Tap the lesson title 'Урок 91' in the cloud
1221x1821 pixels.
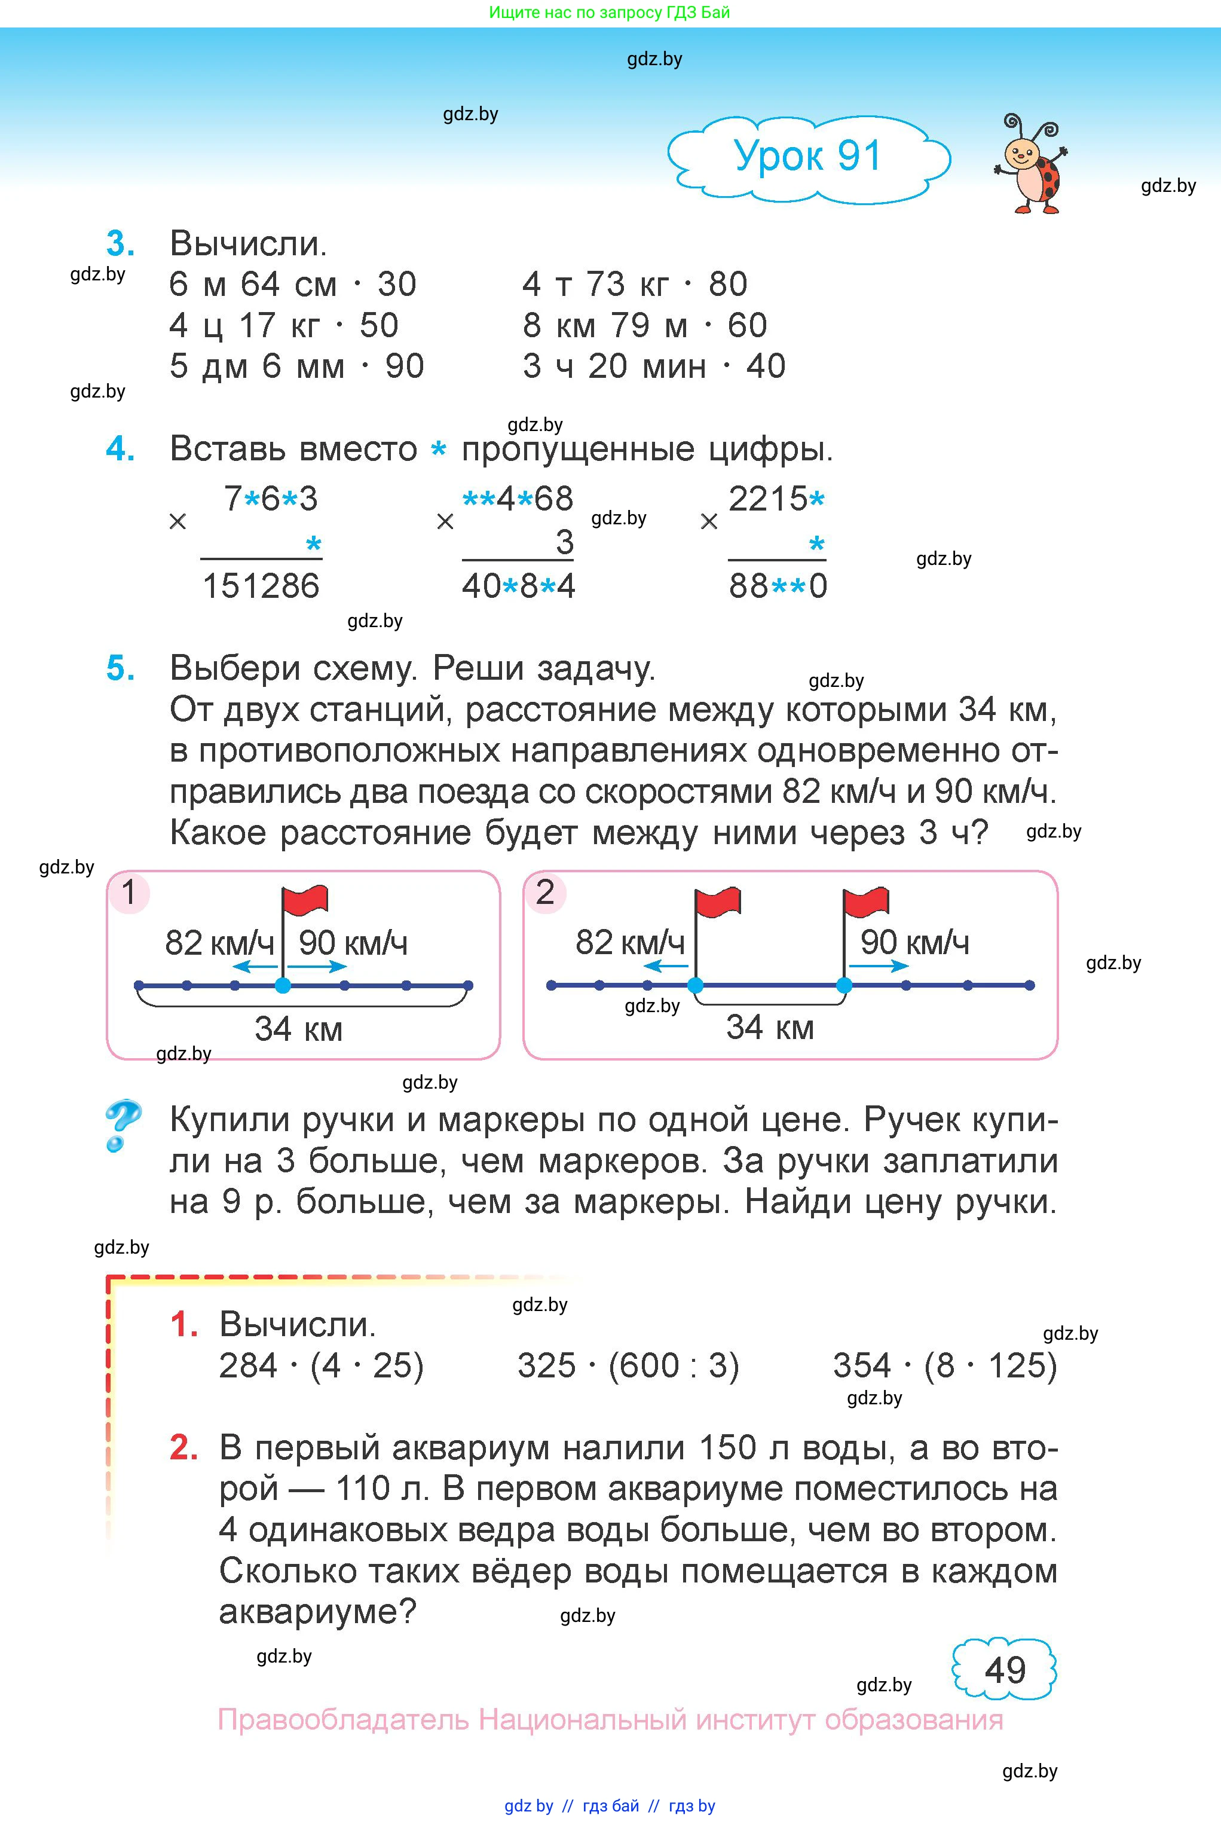(807, 156)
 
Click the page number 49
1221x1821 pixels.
(1005, 1671)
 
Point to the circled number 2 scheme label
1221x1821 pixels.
(544, 893)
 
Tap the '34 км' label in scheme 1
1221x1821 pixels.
(298, 1029)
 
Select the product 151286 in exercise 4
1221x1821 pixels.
(261, 586)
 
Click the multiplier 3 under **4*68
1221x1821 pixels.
(565, 542)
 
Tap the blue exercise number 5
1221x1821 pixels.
(120, 668)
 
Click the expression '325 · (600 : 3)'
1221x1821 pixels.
(628, 1365)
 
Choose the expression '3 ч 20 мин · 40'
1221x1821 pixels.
(654, 366)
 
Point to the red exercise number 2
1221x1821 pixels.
(183, 1447)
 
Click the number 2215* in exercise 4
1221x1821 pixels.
(776, 499)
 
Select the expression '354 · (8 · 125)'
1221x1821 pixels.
(944, 1365)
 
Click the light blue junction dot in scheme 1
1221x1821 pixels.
(283, 985)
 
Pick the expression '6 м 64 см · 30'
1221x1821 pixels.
(293, 285)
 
